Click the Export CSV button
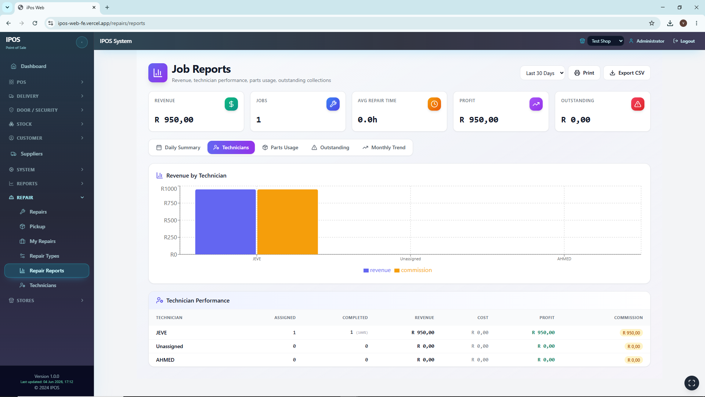[627, 73]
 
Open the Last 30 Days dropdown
[542, 73]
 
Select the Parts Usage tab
[280, 147]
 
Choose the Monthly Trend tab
[384, 147]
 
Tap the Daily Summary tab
[178, 147]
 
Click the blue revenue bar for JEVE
[225, 222]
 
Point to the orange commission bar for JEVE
[288, 222]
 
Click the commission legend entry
[413, 270]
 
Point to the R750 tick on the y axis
[170, 203]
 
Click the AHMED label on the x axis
[564, 259]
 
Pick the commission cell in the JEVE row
[631, 333]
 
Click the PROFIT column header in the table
[547, 318]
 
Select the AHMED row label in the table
[165, 360]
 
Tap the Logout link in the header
[684, 41]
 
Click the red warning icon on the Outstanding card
[637, 104]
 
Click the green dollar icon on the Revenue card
[231, 104]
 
